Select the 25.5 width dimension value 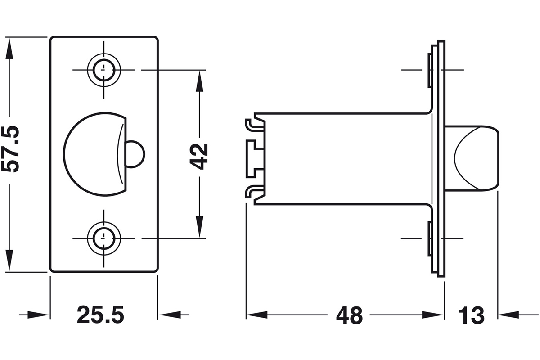click(100, 315)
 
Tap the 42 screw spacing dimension click(198, 156)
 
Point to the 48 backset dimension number click(349, 315)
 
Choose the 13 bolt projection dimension click(471, 315)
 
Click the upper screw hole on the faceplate click(104, 70)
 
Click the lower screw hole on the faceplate click(104, 238)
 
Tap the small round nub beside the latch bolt click(135, 154)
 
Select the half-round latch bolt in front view click(95, 154)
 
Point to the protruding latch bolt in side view click(472, 158)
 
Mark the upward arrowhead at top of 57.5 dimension click(9, 51)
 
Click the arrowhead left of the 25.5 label click(38, 315)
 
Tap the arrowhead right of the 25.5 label click(170, 315)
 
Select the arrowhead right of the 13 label click(509, 315)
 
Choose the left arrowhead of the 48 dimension click(257, 315)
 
